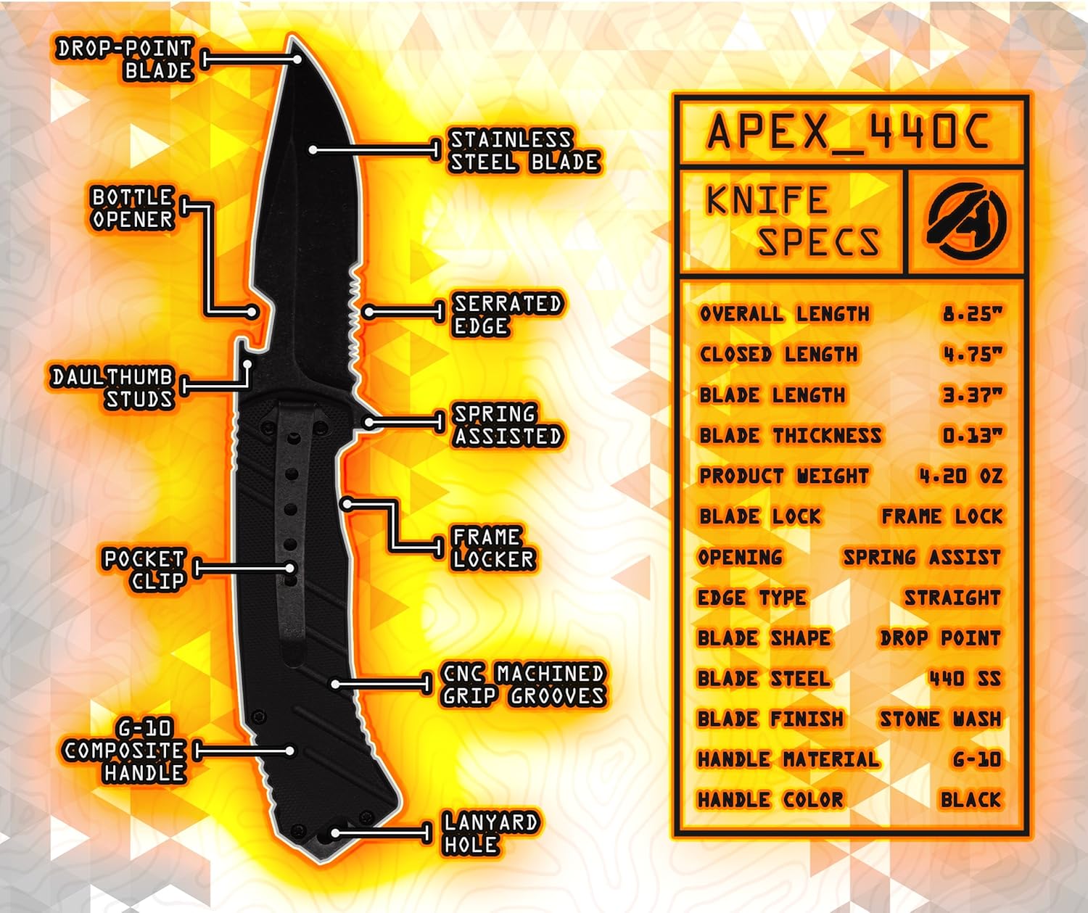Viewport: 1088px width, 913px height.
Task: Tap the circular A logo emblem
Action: click(x=966, y=221)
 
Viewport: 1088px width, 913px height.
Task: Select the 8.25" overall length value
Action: click(x=972, y=314)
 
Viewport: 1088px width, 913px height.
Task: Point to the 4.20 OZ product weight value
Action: click(x=960, y=476)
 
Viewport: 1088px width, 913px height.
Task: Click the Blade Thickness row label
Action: click(x=790, y=436)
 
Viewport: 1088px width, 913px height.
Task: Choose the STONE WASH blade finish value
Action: click(x=940, y=719)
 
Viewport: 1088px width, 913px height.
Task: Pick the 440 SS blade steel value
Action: click(x=964, y=679)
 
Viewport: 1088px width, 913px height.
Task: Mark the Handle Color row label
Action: click(x=770, y=800)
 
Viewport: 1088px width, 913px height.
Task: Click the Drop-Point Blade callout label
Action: click(x=125, y=59)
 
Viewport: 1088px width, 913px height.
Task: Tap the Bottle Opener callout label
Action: click(x=132, y=208)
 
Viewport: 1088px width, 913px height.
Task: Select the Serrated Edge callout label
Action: click(x=507, y=315)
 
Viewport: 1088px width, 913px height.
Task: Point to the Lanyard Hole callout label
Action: click(x=490, y=833)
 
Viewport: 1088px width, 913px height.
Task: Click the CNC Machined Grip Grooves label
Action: click(x=523, y=685)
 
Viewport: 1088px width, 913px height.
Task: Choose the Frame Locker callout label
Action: click(x=493, y=548)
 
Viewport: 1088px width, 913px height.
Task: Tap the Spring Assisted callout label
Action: click(x=507, y=425)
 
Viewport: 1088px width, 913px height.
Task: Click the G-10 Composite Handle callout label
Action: click(x=125, y=751)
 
